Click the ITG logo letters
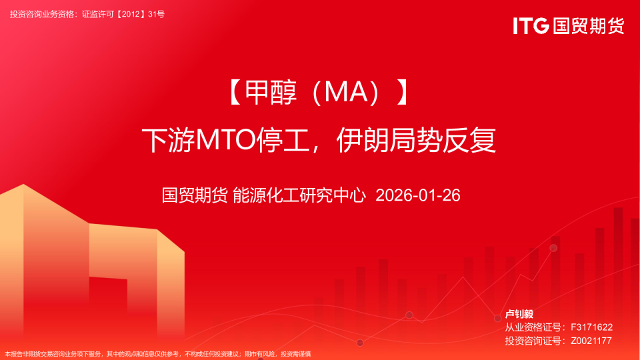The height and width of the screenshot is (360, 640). (x=531, y=26)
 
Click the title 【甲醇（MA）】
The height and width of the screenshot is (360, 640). (x=318, y=94)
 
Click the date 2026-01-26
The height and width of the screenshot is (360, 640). (x=418, y=195)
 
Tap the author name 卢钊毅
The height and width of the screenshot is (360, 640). (x=519, y=313)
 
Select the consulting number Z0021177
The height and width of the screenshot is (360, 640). (x=591, y=341)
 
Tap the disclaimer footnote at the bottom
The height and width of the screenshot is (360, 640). (x=158, y=354)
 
